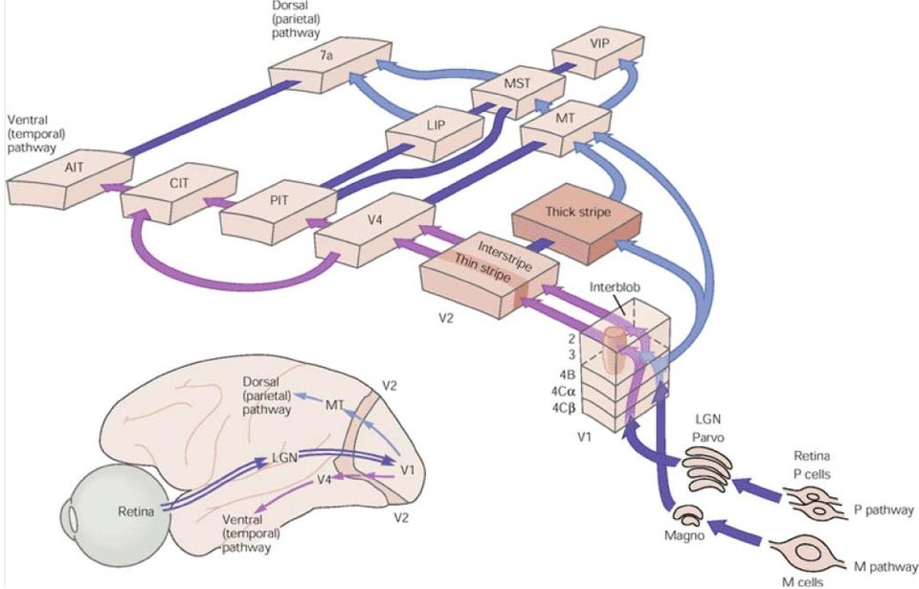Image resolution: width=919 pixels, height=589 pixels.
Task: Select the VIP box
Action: click(597, 49)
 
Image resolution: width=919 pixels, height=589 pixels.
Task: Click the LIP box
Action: click(435, 131)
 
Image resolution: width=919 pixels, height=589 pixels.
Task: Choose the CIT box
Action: click(179, 192)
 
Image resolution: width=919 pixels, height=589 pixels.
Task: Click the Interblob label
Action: click(615, 287)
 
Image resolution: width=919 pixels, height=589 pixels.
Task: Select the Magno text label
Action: click(684, 535)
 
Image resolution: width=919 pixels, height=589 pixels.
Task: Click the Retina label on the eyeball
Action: click(136, 511)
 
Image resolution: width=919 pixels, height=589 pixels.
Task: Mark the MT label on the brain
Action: click(335, 405)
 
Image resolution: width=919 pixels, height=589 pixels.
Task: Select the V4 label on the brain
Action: click(325, 479)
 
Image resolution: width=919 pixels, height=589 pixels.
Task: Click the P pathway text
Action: click(884, 510)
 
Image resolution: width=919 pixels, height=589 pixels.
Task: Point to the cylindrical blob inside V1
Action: click(616, 350)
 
